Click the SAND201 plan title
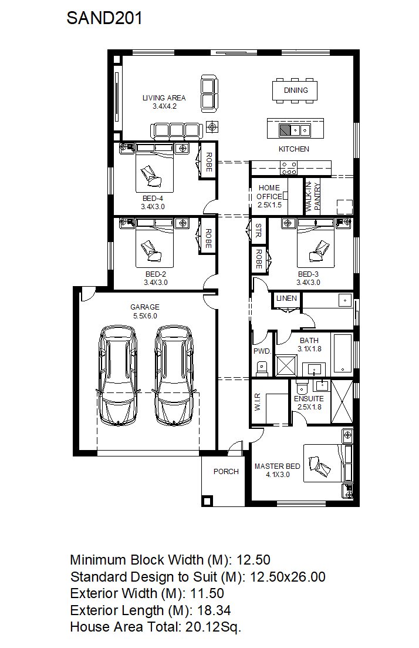point(104,18)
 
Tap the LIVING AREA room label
point(164,102)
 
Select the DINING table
point(296,90)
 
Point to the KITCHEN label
point(293,149)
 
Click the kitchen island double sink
point(300,130)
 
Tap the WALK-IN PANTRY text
point(313,196)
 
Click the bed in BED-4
point(154,168)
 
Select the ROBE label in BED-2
point(208,239)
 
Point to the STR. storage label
point(258,231)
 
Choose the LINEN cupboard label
point(286,298)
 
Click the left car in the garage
point(117,375)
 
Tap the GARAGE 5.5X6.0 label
point(144,311)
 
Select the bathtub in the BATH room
point(342,352)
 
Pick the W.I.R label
point(257,402)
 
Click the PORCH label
point(226,471)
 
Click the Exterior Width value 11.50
point(207,593)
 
